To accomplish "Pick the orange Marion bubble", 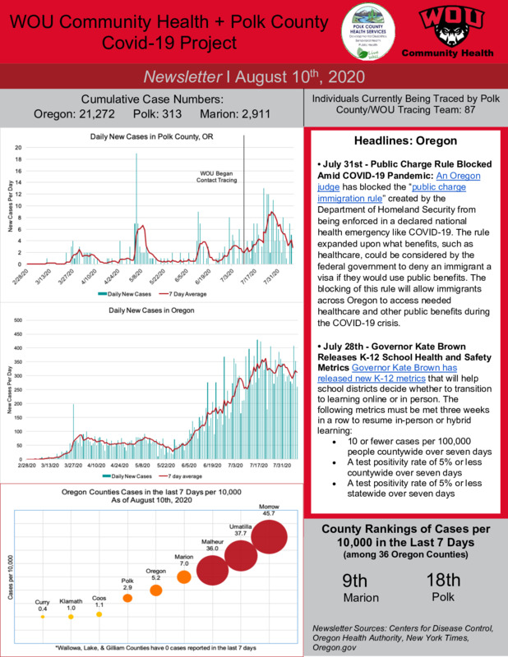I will (184, 577).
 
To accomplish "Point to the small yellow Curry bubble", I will (42, 617).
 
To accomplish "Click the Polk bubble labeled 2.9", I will (127, 598).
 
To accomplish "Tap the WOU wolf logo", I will (446, 29).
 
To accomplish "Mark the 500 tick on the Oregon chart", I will (20, 320).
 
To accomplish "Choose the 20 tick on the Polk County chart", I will (20, 148).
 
